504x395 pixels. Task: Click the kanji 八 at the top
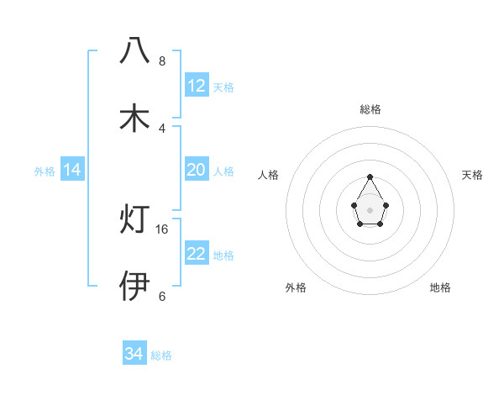click(x=135, y=50)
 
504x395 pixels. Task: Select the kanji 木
click(x=135, y=118)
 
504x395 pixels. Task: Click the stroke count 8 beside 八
click(x=162, y=61)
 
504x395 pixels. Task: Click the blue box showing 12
click(x=197, y=86)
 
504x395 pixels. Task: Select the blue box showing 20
click(x=197, y=170)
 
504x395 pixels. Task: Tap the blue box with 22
click(x=197, y=254)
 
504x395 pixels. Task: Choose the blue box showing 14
click(x=72, y=171)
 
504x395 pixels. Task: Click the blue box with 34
click(x=134, y=355)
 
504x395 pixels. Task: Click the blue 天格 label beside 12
click(x=223, y=87)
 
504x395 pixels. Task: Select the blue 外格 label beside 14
click(x=45, y=171)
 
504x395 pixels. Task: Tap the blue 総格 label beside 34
click(x=161, y=355)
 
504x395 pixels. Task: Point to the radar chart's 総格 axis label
click(x=370, y=109)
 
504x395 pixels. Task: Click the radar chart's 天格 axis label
click(x=472, y=175)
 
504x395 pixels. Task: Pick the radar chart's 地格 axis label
click(x=440, y=287)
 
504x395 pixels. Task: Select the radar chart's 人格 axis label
click(x=269, y=175)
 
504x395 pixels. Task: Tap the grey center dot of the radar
click(x=370, y=208)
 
